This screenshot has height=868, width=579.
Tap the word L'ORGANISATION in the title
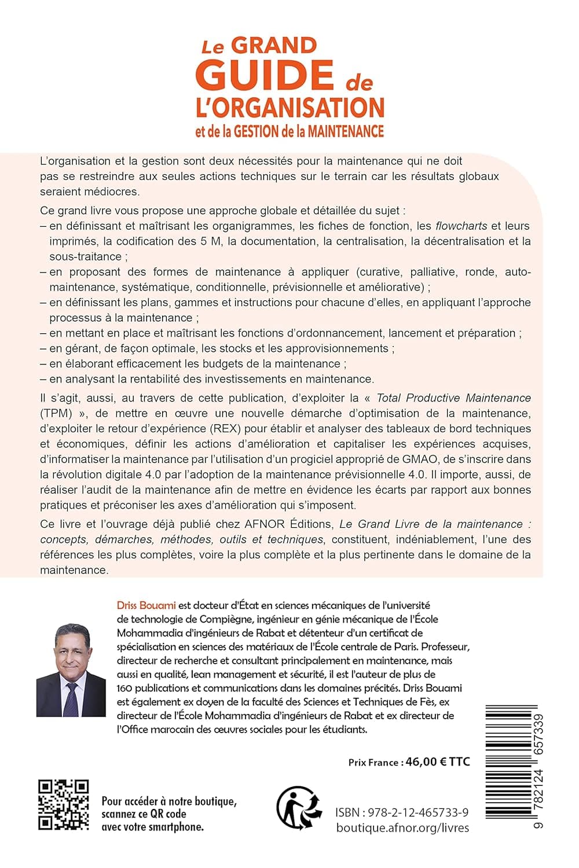tap(290, 108)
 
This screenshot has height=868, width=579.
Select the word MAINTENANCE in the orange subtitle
tap(346, 131)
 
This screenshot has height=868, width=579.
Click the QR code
tap(64, 805)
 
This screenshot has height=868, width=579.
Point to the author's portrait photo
tap(71, 670)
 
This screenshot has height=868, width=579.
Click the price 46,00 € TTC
tap(438, 762)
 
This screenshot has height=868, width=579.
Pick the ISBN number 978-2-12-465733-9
tap(422, 812)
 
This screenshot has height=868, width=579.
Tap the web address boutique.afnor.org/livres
tap(402, 828)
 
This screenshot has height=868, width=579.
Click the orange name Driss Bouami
tap(146, 605)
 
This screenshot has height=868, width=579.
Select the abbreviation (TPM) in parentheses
tap(56, 413)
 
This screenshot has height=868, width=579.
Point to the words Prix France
tap(373, 763)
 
